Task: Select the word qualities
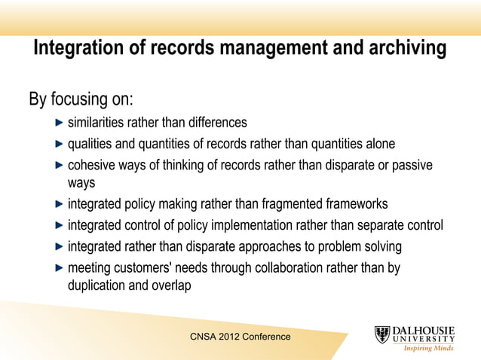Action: pos(90,144)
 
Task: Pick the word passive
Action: pos(413,165)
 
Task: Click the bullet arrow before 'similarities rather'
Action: pos(60,123)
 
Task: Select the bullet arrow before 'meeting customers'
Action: pos(60,267)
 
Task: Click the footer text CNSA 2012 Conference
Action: pos(240,337)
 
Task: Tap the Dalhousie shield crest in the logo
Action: pos(383,335)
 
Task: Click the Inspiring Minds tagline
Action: pos(430,348)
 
